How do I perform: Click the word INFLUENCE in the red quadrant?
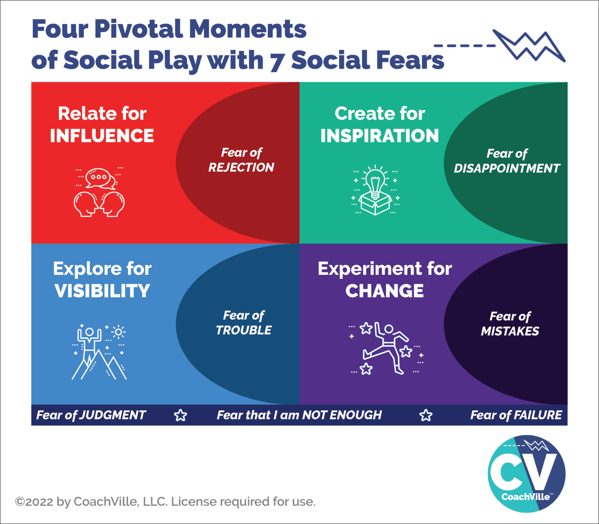[102, 136]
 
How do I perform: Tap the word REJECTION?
[241, 167]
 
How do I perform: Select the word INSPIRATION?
[380, 136]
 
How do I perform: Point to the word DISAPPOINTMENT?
[507, 168]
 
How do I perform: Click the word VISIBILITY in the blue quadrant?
[102, 291]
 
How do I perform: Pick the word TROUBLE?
[244, 330]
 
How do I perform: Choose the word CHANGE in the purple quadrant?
[385, 291]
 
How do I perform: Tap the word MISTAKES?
[510, 331]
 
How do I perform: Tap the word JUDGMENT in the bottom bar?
[112, 415]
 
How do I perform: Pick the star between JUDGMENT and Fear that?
[181, 415]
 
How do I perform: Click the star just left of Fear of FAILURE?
[426, 415]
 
